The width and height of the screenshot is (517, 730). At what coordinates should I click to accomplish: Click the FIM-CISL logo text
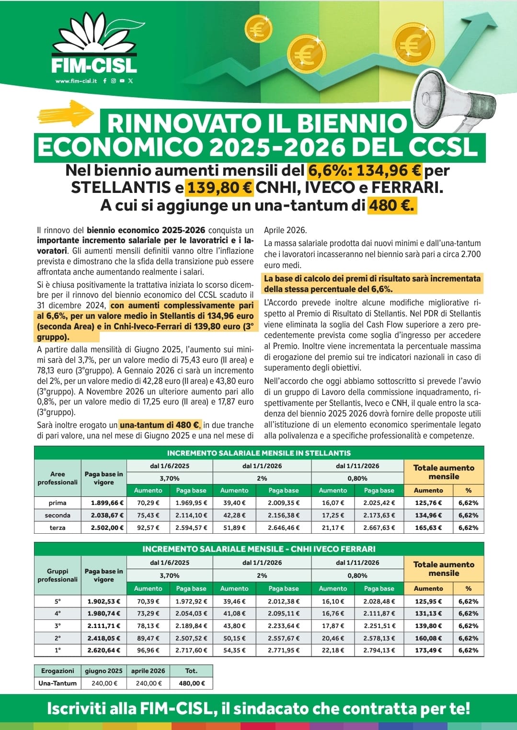click(x=94, y=65)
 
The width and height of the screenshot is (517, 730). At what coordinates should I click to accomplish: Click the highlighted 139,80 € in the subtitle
click(x=220, y=188)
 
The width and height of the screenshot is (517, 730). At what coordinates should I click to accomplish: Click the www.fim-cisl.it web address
click(x=76, y=81)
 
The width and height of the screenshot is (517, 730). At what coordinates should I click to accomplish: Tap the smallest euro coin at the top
click(x=258, y=29)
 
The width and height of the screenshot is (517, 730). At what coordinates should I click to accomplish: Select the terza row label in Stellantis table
click(x=57, y=528)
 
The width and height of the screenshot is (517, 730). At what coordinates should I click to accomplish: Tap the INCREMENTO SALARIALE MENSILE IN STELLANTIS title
click(x=259, y=453)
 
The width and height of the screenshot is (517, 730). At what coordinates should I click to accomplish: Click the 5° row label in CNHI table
click(x=57, y=602)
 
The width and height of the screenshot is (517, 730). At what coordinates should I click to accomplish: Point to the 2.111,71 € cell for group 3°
click(x=103, y=626)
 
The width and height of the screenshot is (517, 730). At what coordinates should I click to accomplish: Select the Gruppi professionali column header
click(x=57, y=575)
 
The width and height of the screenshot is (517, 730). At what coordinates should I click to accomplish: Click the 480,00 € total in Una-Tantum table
click(x=191, y=684)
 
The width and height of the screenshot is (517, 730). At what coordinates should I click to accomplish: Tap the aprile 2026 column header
click(x=148, y=671)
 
